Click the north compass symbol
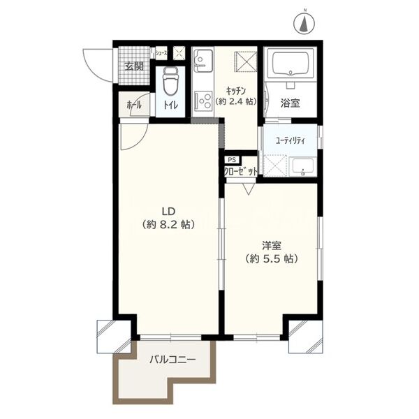pos(304,23)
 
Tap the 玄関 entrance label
pos(134,66)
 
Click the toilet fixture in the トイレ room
pos(170,81)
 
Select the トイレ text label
pos(170,105)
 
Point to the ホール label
pos(134,105)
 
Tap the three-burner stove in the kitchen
pos(204,100)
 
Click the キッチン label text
pos(236,91)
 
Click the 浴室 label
pos(291,103)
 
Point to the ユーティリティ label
pos(290,141)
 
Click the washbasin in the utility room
pos(303,167)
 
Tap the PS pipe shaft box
pos(233,160)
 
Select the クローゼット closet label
pos(241,171)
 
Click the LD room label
pos(168,212)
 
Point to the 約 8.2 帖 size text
pos(168,224)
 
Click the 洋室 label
pos(272,245)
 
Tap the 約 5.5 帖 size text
pos(272,258)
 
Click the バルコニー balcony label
pos(172,360)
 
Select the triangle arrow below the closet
pos(248,189)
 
